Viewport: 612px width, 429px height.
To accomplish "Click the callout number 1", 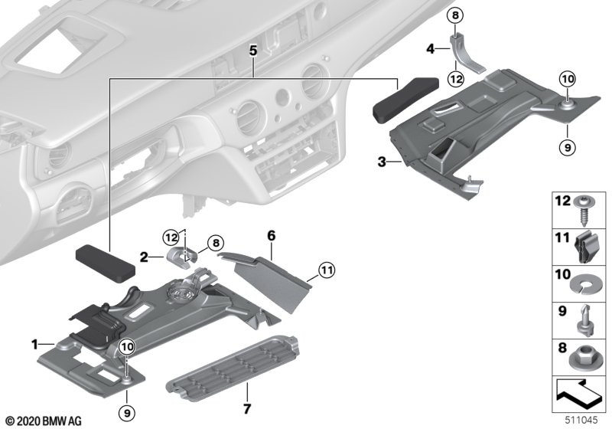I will (34, 345).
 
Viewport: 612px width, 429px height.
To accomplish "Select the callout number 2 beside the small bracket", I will (143, 257).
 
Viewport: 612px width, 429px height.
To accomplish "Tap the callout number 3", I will (381, 162).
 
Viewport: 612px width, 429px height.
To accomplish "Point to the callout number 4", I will (430, 48).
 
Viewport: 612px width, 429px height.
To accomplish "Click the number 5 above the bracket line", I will (253, 51).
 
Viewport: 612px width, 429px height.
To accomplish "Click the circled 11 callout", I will (327, 269).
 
